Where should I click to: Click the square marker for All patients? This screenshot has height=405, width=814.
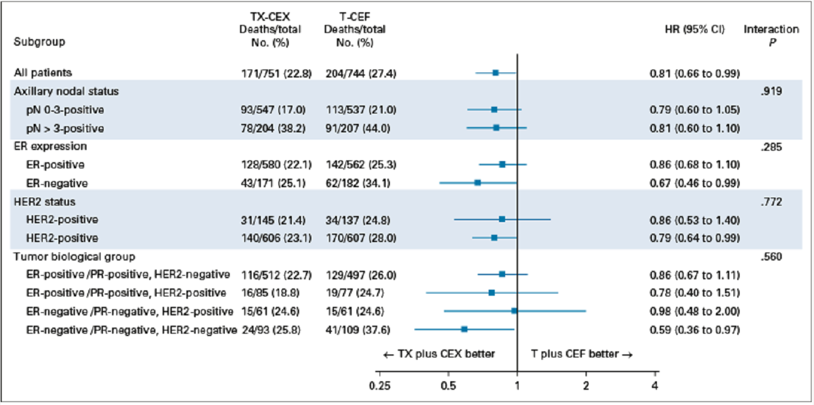495,73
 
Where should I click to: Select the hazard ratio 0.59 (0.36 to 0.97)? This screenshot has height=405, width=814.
695,330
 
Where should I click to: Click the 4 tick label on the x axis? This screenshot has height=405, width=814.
656,386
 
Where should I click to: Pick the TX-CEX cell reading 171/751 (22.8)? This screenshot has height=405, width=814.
277,73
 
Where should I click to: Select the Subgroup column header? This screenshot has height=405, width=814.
40,43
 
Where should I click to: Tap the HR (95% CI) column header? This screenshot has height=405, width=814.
695,29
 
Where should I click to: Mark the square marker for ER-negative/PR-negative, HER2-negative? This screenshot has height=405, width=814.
464,329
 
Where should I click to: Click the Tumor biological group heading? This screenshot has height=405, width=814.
74,257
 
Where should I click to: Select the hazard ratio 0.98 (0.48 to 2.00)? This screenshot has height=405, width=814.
695,312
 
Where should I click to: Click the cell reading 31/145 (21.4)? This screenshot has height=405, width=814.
277,220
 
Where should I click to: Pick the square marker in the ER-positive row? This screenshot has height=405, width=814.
502,164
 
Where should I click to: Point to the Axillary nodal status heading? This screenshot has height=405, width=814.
66,91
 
